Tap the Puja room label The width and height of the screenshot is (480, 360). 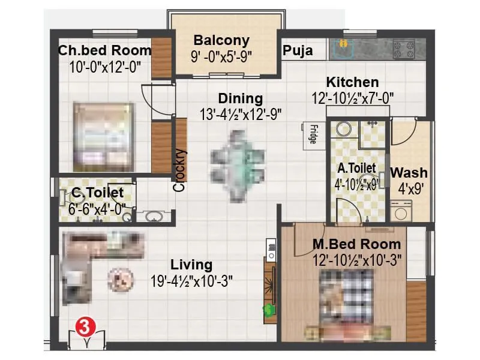(x=298, y=51)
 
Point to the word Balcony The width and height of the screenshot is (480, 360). (x=221, y=41)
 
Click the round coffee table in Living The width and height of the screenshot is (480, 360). (x=119, y=278)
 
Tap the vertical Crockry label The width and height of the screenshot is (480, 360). (x=179, y=170)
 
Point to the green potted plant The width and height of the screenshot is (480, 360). (x=268, y=310)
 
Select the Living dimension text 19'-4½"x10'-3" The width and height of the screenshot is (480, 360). (x=191, y=280)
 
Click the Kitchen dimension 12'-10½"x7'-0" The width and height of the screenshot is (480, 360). (x=352, y=97)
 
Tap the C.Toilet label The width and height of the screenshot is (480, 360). (x=98, y=193)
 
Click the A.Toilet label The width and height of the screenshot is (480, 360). (x=356, y=169)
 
